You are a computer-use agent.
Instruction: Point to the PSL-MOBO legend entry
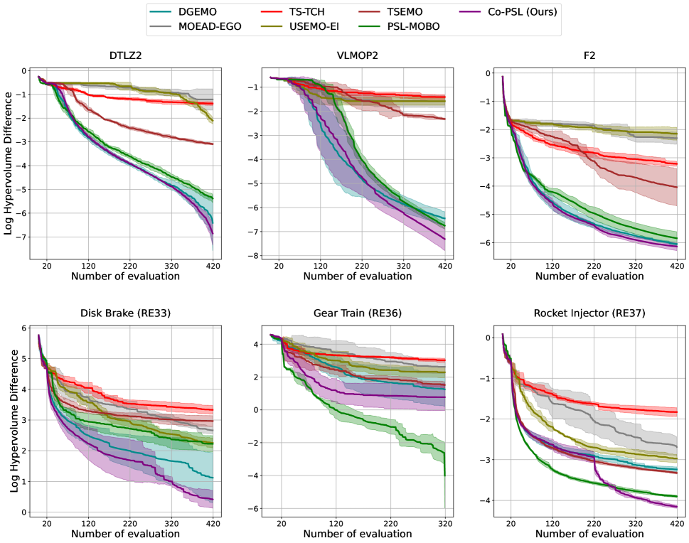pyautogui.click(x=396, y=27)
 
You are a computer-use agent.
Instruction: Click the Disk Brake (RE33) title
pyautogui.click(x=127, y=313)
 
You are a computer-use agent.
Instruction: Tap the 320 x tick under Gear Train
pyautogui.click(x=445, y=524)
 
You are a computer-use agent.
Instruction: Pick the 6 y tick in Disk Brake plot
pyautogui.click(x=23, y=328)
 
